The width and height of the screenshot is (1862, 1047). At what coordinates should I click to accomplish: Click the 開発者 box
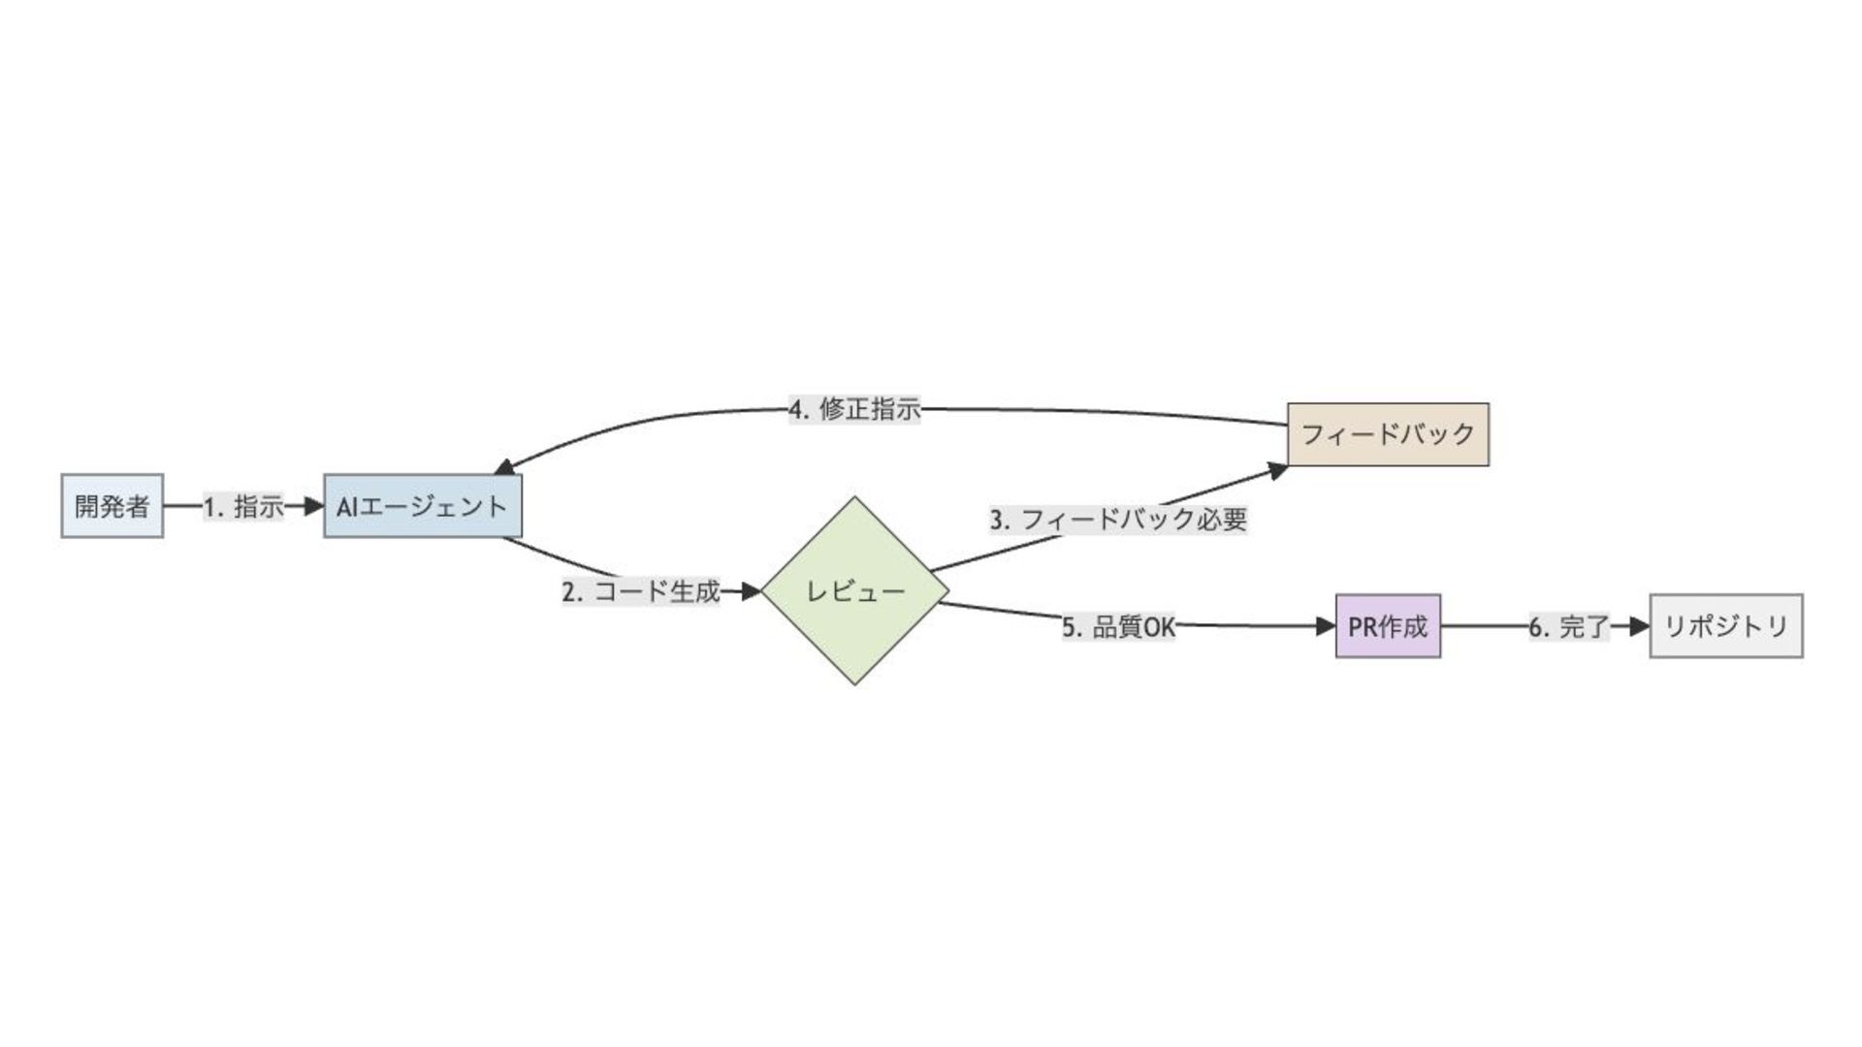[112, 506]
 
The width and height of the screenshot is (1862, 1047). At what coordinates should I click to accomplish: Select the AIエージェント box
[423, 506]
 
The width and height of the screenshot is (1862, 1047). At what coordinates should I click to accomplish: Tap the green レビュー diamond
[854, 590]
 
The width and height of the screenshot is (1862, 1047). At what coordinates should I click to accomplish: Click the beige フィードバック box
[1388, 434]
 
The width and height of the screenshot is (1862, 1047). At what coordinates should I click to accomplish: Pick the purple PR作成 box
[1388, 626]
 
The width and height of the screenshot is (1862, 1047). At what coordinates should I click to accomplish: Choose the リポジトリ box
[1726, 626]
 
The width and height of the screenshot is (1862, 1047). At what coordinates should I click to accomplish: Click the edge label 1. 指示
[243, 506]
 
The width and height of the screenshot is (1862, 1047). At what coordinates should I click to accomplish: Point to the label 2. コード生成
[641, 590]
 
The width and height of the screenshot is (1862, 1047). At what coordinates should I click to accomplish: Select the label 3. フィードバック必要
[1118, 520]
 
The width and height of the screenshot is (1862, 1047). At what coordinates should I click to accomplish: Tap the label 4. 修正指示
[854, 409]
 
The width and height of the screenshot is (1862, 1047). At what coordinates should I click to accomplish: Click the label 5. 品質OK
[1118, 627]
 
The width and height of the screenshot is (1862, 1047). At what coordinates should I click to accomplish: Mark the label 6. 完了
[1569, 627]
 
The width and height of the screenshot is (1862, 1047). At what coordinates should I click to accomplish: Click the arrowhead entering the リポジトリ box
[1640, 626]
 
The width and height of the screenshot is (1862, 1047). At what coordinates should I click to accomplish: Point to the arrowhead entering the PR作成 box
[1326, 626]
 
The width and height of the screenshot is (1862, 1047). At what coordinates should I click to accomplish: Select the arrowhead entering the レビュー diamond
[751, 590]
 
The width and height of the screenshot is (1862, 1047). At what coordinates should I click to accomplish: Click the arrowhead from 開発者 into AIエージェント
[313, 506]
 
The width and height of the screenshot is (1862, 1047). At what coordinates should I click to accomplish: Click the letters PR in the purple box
[1361, 626]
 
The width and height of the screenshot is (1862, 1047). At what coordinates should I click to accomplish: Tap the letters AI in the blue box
[347, 506]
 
